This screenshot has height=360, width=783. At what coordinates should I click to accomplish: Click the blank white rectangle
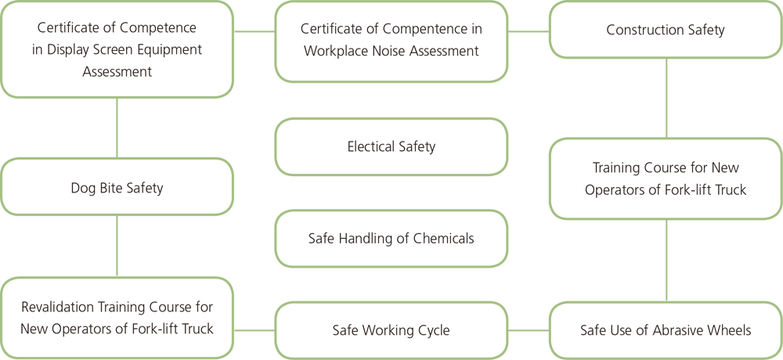(x=431, y=284)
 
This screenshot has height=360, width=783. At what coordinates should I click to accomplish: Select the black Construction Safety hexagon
(x=666, y=31)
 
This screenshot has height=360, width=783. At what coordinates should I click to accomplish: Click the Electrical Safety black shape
(x=391, y=146)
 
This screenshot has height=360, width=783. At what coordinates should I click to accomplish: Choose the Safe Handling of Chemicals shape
(x=391, y=238)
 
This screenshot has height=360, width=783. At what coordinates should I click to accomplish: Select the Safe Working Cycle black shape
(x=391, y=329)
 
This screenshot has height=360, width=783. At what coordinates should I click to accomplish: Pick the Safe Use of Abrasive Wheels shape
(x=666, y=329)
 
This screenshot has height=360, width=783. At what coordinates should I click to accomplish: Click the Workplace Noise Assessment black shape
(x=391, y=40)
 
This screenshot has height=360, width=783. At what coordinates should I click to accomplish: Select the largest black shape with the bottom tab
(x=116, y=47)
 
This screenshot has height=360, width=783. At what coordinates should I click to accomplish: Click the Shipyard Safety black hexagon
(x=117, y=186)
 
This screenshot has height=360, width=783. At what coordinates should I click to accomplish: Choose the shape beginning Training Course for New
(x=666, y=180)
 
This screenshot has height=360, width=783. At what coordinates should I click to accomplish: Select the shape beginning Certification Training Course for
(x=117, y=318)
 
